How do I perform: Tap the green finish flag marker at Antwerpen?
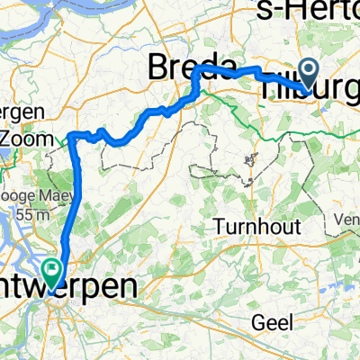[52, 266]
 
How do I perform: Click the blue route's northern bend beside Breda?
[199, 68]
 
